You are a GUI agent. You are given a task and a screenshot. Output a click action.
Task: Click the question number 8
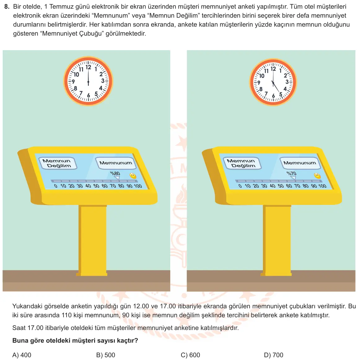[x=7, y=7]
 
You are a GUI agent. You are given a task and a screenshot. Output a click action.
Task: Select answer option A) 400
[x=22, y=355]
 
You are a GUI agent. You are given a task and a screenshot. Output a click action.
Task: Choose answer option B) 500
[x=106, y=355]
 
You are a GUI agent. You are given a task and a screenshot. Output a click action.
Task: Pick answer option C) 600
[x=190, y=355]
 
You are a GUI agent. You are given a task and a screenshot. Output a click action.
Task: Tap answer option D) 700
[x=273, y=355]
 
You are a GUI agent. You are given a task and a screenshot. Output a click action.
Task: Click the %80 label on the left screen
[x=115, y=173]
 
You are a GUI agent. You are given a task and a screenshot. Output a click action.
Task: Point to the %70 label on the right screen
[x=291, y=173]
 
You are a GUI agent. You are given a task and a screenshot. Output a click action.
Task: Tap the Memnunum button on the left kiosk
[x=116, y=163]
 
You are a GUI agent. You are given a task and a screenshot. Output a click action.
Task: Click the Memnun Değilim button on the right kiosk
[x=242, y=163]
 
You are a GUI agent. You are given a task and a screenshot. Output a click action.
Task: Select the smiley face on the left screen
[x=133, y=176]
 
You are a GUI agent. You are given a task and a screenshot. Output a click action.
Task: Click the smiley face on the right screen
[x=317, y=176]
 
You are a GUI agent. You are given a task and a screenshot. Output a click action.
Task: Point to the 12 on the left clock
[x=89, y=67]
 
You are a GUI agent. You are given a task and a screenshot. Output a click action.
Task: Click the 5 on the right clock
[x=281, y=94]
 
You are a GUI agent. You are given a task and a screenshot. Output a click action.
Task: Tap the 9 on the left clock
[x=73, y=81]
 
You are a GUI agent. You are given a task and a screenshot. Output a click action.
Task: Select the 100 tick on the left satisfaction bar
[x=138, y=186]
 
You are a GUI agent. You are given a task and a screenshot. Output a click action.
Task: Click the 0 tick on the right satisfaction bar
[x=240, y=186]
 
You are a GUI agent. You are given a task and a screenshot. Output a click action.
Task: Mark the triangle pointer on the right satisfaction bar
[x=293, y=178]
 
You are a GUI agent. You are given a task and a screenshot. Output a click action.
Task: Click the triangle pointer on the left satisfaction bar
[x=117, y=178]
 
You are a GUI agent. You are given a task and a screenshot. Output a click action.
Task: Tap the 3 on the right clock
[x=287, y=82]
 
